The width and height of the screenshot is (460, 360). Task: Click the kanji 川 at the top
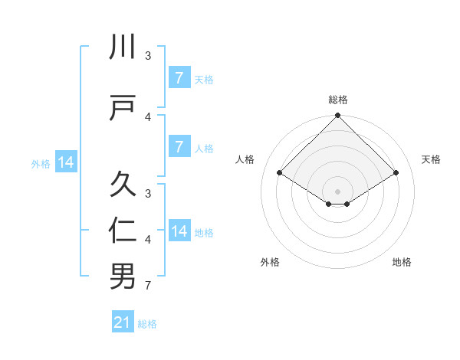click(123, 47)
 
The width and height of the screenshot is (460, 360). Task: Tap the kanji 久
click(123, 185)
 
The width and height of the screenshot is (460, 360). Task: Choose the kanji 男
click(123, 277)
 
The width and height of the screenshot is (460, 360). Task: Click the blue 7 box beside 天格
click(179, 77)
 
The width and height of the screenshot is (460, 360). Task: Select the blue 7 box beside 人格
click(179, 146)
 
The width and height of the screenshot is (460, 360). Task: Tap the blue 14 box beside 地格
click(179, 231)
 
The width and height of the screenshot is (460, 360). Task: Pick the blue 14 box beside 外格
click(65, 162)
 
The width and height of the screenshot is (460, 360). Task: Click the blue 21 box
click(123, 322)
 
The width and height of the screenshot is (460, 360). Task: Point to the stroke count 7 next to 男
click(148, 286)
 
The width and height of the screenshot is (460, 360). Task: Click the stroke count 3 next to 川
click(148, 55)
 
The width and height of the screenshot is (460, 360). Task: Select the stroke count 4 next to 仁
click(148, 240)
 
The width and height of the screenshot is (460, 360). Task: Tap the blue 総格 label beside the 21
click(147, 324)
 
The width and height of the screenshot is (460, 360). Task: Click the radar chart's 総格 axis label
click(338, 100)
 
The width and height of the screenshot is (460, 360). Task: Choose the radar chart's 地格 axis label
click(402, 262)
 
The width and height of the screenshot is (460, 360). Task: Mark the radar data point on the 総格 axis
click(338, 116)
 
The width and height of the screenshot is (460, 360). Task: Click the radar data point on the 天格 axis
click(396, 173)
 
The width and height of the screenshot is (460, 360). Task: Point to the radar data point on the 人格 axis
click(280, 173)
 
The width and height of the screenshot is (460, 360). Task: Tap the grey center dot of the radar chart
click(338, 191)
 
